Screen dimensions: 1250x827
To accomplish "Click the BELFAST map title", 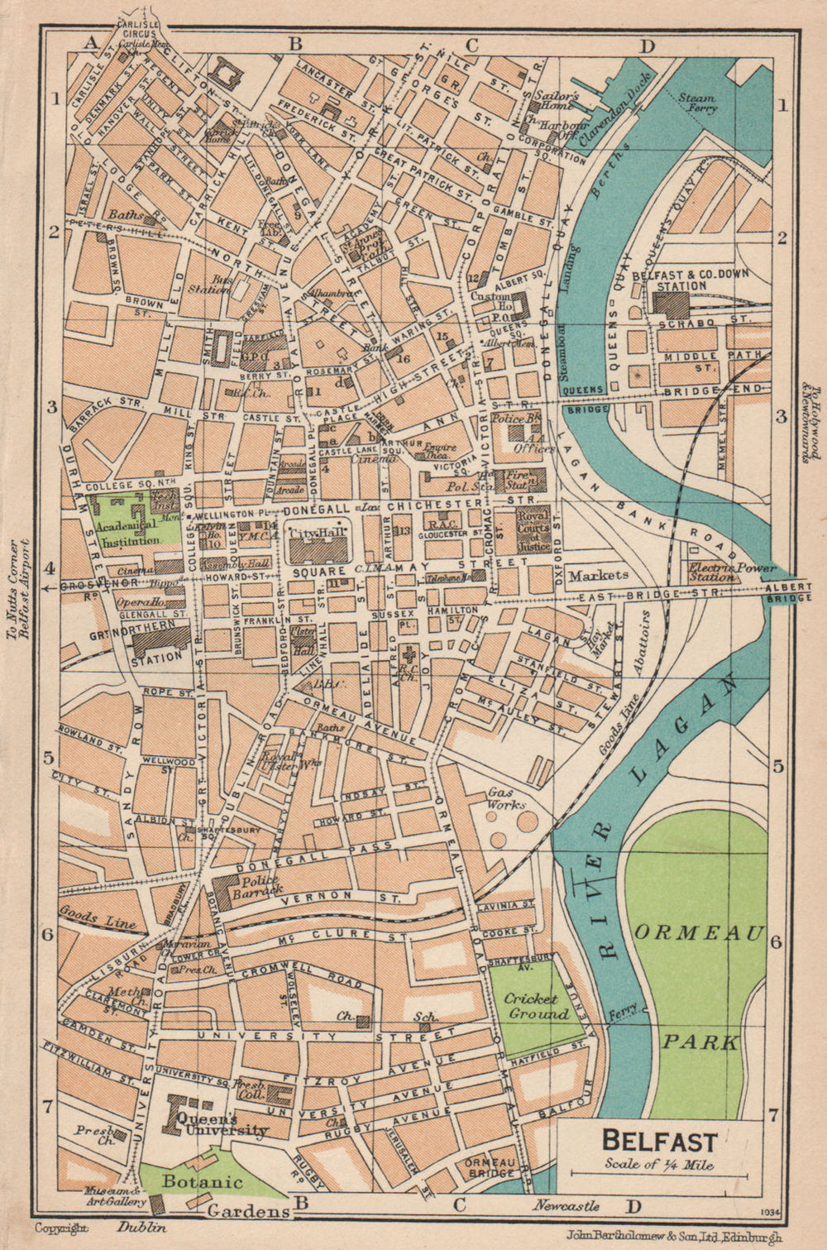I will pos(658,1142).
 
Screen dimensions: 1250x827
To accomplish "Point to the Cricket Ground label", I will pos(536,1007).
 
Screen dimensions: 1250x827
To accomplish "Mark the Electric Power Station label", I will pos(733,572).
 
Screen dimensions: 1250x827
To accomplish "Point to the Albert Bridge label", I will pos(789,591).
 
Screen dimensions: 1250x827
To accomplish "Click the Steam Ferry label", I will pos(696,103).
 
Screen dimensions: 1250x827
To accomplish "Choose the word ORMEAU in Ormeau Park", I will pos(700,933).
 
